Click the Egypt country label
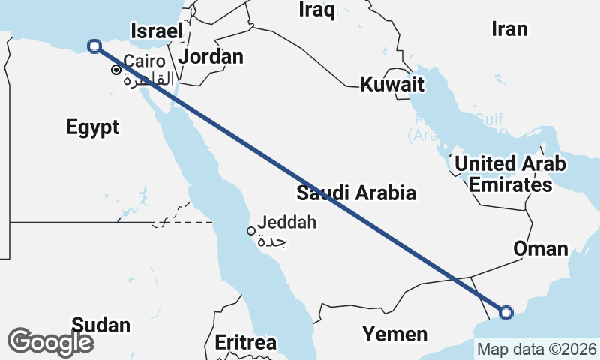pyautogui.click(x=92, y=127)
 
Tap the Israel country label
pyautogui.click(x=157, y=31)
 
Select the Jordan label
pyautogui.click(x=211, y=57)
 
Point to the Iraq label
pyautogui.click(x=317, y=9)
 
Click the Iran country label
pyautogui.click(x=509, y=29)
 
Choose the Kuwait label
pyautogui.click(x=392, y=84)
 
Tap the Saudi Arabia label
pyautogui.click(x=355, y=193)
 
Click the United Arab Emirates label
pyautogui.click(x=510, y=174)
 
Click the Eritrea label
pyautogui.click(x=245, y=342)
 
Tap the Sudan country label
pyautogui.click(x=100, y=325)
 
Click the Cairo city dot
pyautogui.click(x=116, y=70)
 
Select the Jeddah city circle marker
pyautogui.click(x=251, y=231)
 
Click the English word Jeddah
pyautogui.click(x=286, y=223)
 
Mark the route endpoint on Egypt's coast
pyautogui.click(x=94, y=46)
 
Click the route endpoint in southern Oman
pyautogui.click(x=506, y=312)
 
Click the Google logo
pyautogui.click(x=51, y=342)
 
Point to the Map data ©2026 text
pyautogui.click(x=537, y=349)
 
